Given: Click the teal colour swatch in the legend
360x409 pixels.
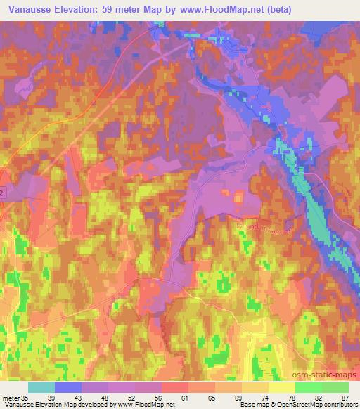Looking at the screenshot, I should click(41, 387).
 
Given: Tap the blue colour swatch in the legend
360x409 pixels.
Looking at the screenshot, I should click(68, 387).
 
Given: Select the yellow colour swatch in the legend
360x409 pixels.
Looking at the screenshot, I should click(282, 387).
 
